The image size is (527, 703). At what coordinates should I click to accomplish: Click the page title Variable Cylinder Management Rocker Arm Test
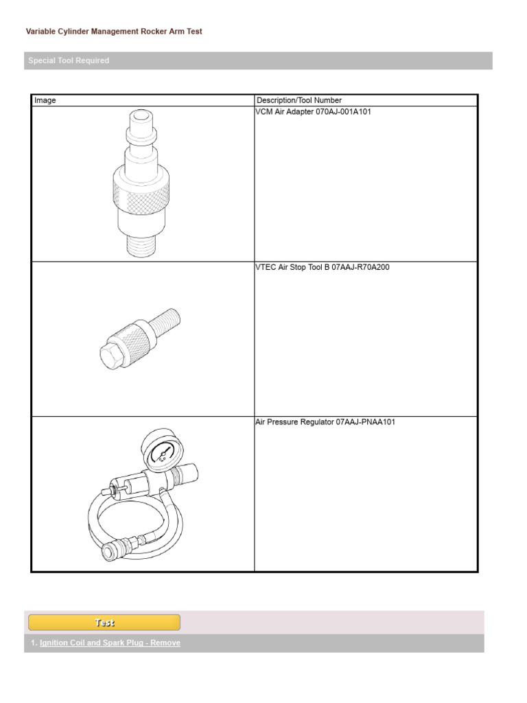114,32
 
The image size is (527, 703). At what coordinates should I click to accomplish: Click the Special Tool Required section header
69,60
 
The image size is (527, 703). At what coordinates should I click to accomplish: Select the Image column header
45,100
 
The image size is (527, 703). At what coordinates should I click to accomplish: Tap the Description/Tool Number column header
298,100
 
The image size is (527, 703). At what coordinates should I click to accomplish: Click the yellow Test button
104,623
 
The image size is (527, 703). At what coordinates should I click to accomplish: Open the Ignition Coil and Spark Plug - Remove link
110,643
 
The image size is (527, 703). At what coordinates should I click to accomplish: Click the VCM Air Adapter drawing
141,183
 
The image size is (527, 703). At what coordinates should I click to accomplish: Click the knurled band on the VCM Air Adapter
142,191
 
